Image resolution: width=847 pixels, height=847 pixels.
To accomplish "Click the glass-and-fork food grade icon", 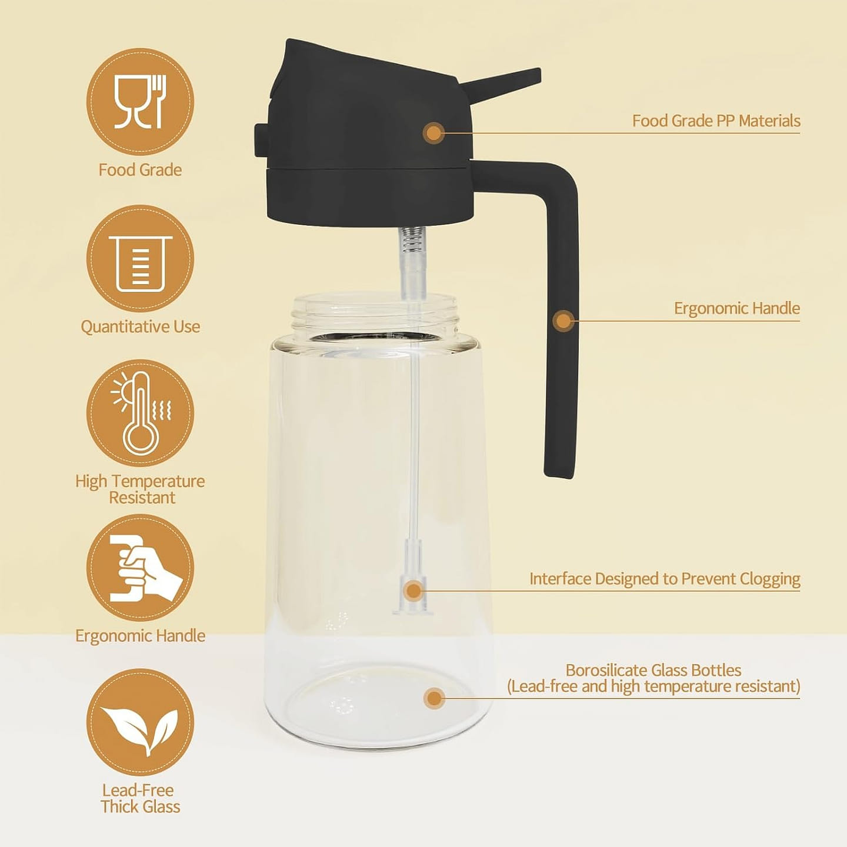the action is click(140, 102).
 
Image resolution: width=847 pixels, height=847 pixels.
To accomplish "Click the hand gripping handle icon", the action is click(146, 568).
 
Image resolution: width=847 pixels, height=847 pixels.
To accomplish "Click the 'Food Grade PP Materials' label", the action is click(716, 121).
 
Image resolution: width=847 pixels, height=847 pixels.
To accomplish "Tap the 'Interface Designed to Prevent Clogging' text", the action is click(665, 579).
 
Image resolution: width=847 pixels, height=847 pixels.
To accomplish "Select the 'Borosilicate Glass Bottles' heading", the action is click(653, 671).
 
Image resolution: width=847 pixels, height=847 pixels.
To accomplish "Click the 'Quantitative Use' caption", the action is click(140, 326).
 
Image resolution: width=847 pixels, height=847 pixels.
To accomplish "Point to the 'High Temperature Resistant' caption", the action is click(140, 489).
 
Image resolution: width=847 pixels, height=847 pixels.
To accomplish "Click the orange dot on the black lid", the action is click(434, 133).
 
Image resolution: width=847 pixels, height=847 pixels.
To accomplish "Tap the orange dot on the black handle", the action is click(563, 321).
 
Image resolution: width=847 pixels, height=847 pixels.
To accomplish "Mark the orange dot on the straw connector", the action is click(413, 591).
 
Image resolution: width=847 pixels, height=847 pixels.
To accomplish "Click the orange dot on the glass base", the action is click(434, 698).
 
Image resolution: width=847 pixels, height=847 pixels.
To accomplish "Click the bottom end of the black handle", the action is click(558, 474).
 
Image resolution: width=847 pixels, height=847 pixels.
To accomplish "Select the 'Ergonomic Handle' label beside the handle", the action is click(736, 308).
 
